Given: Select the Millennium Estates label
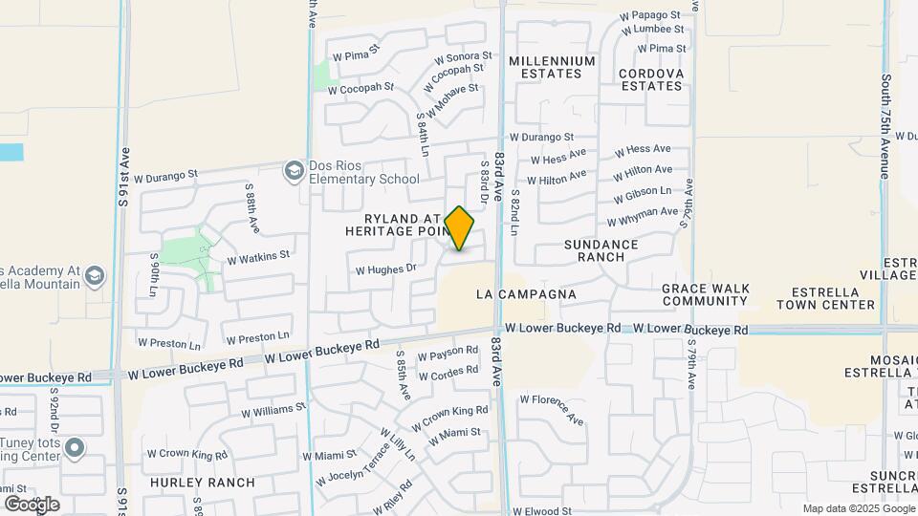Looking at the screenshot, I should point(552,67).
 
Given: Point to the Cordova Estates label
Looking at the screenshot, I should point(651,79).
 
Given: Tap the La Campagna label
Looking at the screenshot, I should point(526,294).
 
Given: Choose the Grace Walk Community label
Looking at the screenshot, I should point(704,294).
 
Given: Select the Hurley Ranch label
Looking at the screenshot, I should point(203,483).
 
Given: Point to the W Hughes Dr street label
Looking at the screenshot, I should point(385,269).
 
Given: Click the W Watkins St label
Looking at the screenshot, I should point(258,257).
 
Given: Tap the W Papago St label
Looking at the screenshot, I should point(649,15).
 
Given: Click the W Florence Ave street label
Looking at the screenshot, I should point(552,408).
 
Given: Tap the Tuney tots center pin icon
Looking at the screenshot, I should point(75,448).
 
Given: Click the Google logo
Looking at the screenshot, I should point(32,504).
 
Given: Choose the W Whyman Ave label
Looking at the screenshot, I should point(643,217).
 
